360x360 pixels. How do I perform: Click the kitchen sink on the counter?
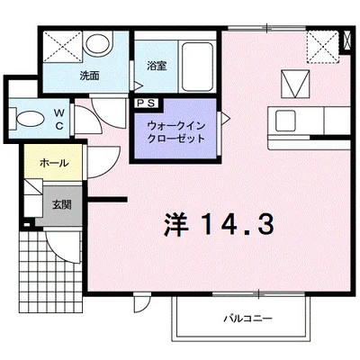click(x=288, y=118)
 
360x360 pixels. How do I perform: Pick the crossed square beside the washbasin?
click(x=60, y=46)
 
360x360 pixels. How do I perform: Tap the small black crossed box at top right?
click(x=347, y=40)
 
